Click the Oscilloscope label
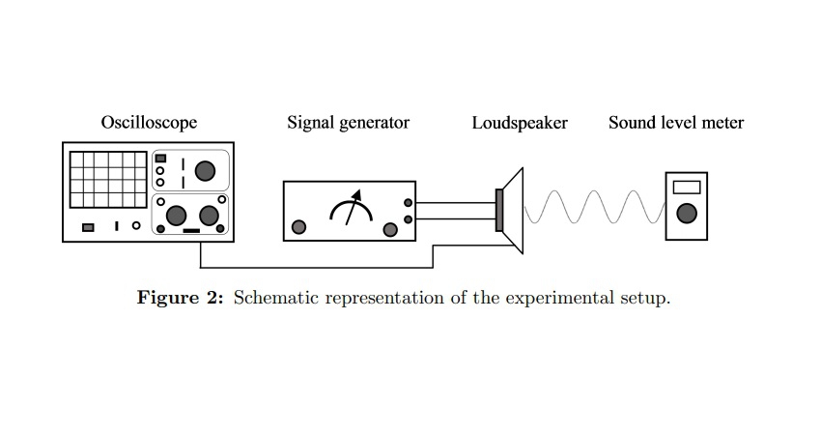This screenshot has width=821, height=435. click(149, 123)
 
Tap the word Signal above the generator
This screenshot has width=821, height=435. click(309, 123)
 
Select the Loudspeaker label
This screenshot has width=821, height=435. click(520, 123)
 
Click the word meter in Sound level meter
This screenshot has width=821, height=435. click(722, 123)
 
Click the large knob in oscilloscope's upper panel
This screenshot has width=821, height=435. click(204, 171)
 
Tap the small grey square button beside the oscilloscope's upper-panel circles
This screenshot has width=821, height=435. click(161, 158)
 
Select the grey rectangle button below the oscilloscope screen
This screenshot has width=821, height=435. click(88, 227)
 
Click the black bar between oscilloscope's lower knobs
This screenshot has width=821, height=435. click(191, 231)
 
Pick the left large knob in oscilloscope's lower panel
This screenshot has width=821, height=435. click(177, 215)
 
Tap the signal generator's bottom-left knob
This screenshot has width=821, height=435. click(299, 227)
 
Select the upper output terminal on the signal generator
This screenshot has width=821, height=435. click(409, 203)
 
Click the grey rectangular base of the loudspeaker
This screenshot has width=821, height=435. click(499, 211)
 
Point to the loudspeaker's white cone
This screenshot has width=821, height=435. click(513, 211)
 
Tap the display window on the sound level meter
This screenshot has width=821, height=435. click(687, 188)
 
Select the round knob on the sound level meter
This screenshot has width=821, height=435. click(687, 214)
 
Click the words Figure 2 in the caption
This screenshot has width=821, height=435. click(181, 297)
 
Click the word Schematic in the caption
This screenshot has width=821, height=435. click(276, 297)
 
